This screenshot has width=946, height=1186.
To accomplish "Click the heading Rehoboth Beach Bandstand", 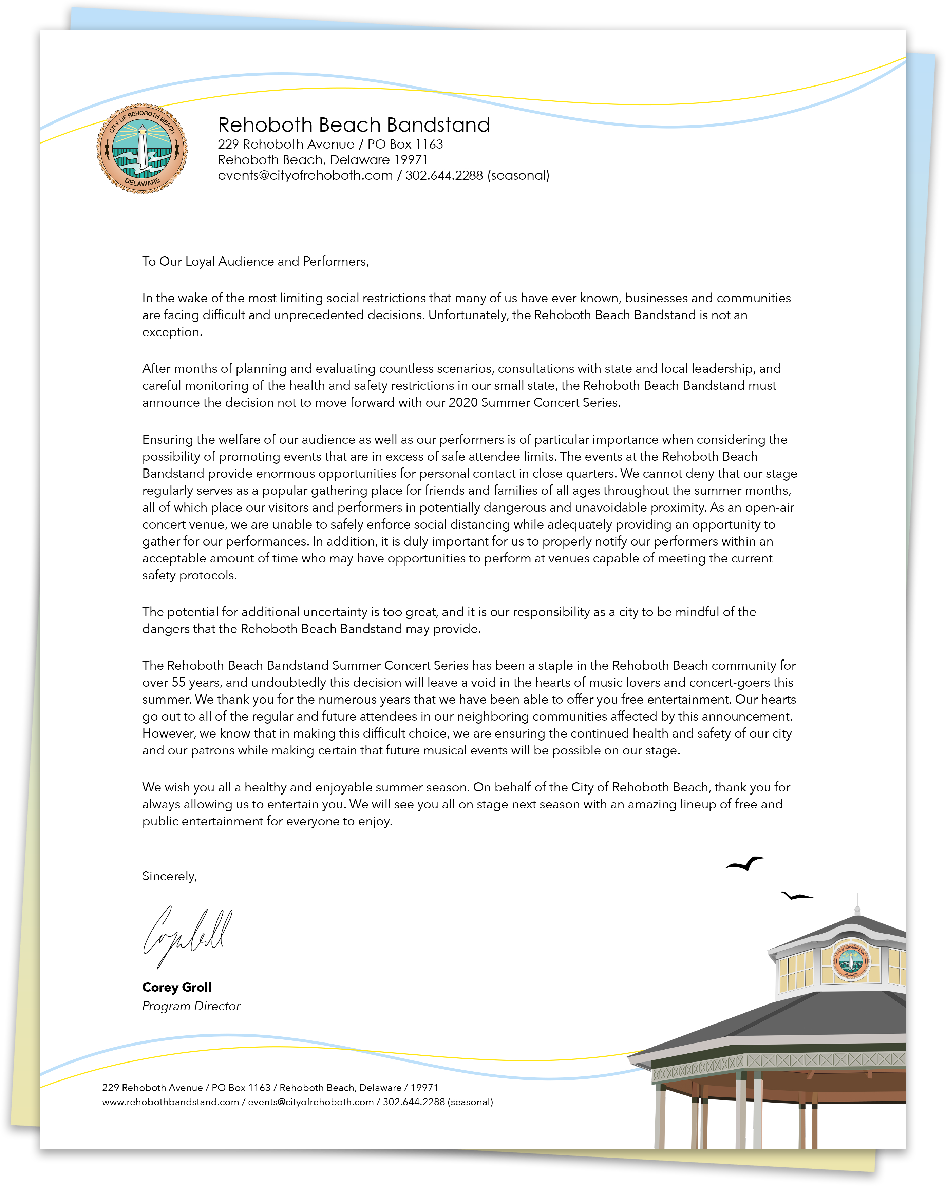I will pos(354,125).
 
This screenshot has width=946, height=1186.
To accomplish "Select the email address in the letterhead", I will pos(305,175).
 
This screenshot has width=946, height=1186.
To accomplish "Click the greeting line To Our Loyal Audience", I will pos(255,261).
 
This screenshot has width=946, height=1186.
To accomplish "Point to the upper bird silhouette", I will pos(744,864).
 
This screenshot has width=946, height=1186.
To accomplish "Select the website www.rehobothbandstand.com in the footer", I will pos(171,1102).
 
